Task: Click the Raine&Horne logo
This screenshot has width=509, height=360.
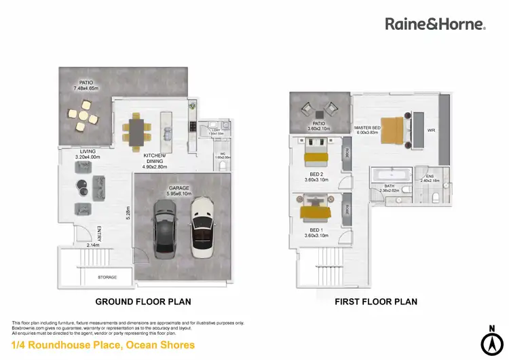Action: [435, 24]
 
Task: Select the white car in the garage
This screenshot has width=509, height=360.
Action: [202, 227]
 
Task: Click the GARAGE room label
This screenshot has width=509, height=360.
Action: [178, 187]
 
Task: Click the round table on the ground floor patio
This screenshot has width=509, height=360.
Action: [83, 116]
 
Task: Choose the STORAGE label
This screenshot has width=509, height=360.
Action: [107, 277]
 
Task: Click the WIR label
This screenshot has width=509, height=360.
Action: [431, 130]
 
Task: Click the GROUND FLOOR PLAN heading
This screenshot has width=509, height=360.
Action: [143, 302]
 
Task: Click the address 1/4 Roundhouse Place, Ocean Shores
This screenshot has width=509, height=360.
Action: [103, 345]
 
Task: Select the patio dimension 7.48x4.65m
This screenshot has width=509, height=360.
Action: [86, 88]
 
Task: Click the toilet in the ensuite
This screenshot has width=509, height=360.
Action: [434, 197]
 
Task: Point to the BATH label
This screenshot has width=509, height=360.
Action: [389, 185]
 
